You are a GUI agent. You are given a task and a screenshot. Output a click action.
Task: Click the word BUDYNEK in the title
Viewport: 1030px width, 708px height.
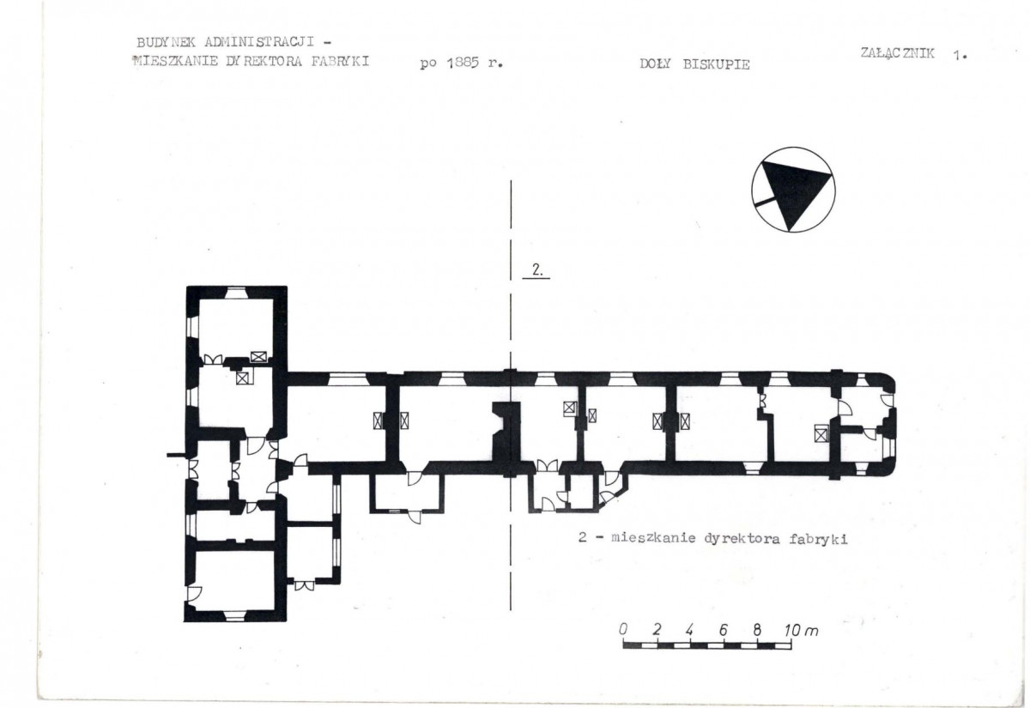[x=166, y=42]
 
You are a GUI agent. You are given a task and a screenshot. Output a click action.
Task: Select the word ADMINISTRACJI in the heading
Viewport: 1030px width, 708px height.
[x=259, y=42]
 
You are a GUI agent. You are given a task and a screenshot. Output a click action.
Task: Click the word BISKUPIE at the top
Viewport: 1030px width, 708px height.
[x=717, y=64]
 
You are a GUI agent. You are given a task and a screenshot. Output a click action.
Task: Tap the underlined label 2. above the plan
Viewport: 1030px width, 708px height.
[x=537, y=270]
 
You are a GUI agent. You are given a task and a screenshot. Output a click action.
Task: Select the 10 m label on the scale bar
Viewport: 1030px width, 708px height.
[x=801, y=630]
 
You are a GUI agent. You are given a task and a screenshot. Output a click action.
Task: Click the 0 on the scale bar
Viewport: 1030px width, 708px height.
[x=623, y=629]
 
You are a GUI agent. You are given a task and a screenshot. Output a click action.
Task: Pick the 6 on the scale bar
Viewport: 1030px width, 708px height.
[x=724, y=630]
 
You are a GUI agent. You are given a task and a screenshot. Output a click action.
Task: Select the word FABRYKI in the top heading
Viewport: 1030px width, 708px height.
[x=340, y=61]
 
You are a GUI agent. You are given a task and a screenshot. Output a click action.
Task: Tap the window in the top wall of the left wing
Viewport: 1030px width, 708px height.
[x=236, y=293]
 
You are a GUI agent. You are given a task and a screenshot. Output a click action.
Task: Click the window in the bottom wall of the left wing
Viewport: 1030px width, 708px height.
[x=235, y=615]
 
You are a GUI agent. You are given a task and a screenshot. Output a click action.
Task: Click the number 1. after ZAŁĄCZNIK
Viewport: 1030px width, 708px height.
[x=960, y=56]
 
